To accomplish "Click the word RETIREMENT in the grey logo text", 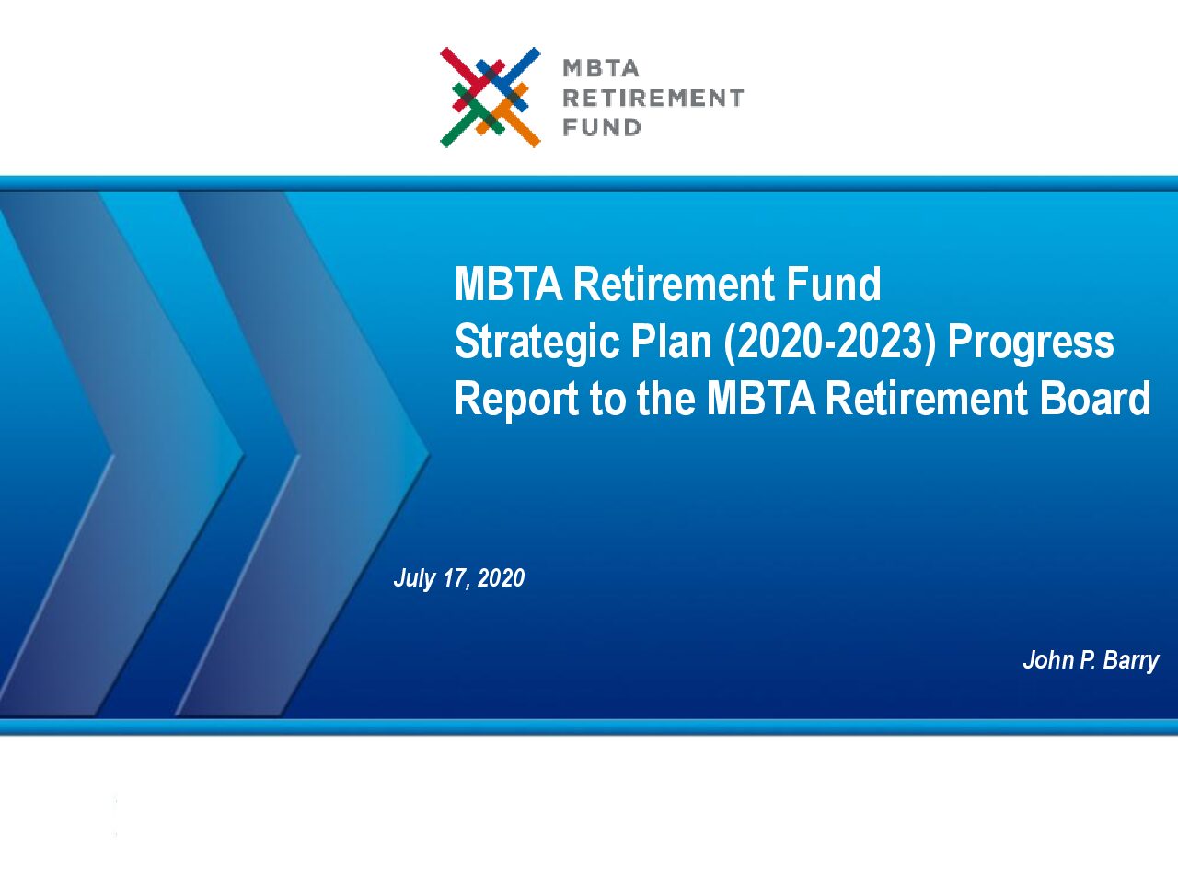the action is pyautogui.click(x=653, y=99).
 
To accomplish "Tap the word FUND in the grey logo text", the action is pyautogui.click(x=601, y=128).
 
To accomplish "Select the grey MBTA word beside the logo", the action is pyautogui.click(x=601, y=68).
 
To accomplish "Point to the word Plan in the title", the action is pyautogui.click(x=671, y=342).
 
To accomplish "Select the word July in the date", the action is pyautogui.click(x=414, y=578).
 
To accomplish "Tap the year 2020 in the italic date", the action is pyautogui.click(x=501, y=578).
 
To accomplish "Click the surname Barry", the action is pyautogui.click(x=1131, y=661).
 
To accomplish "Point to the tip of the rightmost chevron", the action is pyautogui.click(x=429, y=455).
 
